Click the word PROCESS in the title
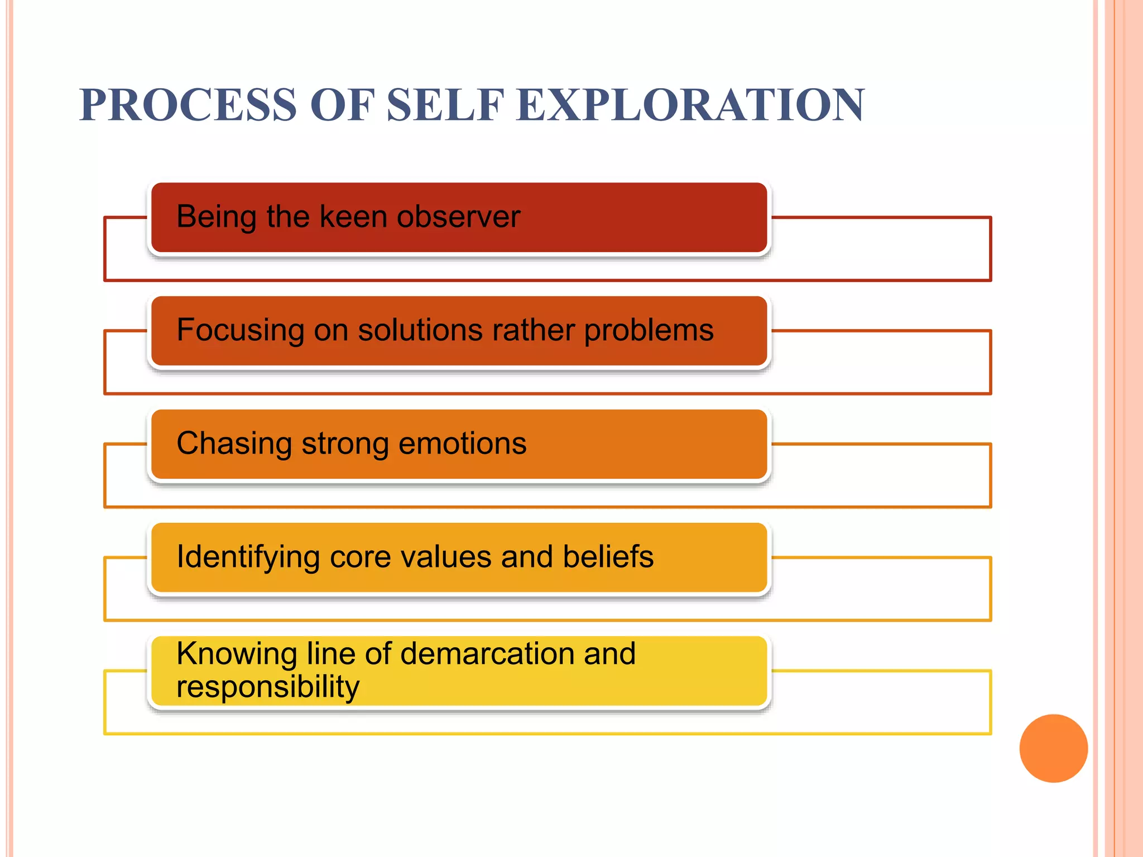pos(188,105)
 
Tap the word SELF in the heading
pos(445,105)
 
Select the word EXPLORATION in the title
pos(690,105)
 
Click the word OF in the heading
pos(340,105)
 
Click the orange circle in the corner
pos(1053,748)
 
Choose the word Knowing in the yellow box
pos(237,653)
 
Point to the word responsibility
pos(268,686)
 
